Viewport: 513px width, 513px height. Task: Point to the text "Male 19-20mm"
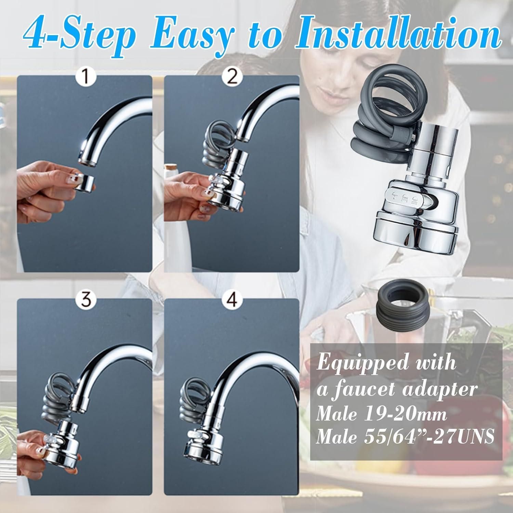point(381,415)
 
